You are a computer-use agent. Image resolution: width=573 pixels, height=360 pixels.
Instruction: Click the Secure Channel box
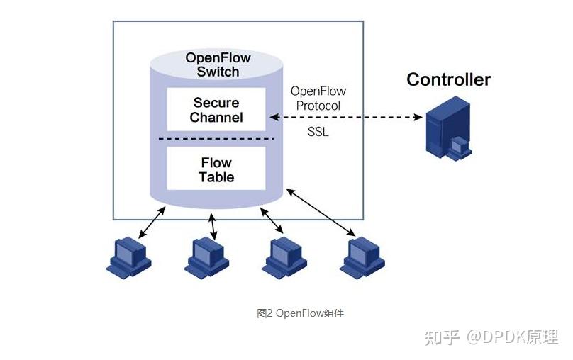point(216,109)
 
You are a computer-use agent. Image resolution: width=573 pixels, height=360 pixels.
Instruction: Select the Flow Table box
point(216,169)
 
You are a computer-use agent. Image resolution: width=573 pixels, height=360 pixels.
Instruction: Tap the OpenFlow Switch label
point(218,64)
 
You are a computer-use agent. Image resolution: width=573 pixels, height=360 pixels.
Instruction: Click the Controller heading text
point(448,79)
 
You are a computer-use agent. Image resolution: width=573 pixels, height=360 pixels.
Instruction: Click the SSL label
point(318,132)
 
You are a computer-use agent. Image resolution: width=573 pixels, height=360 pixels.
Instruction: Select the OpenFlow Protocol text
point(318,99)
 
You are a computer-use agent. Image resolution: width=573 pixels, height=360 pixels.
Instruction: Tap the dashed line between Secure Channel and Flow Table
point(216,138)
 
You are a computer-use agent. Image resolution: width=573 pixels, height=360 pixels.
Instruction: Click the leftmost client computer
point(128,257)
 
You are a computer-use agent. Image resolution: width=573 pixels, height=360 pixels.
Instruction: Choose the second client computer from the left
point(207,257)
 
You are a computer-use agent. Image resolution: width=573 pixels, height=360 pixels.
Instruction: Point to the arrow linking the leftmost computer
point(152,222)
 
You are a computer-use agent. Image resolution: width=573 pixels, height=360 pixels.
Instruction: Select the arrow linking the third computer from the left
point(272,220)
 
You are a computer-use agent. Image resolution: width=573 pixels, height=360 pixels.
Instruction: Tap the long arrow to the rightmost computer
point(321,213)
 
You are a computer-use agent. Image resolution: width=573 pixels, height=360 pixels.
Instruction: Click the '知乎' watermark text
point(442,337)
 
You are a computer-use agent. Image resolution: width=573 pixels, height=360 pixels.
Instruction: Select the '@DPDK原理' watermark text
point(512,337)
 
